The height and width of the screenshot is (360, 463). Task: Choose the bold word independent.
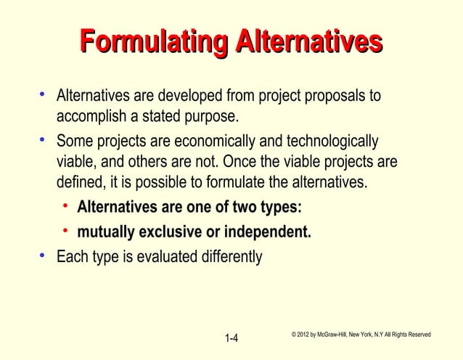[268, 233]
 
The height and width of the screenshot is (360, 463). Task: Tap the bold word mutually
[104, 233]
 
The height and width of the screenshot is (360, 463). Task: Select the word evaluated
[159, 257]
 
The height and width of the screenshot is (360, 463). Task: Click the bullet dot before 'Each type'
[43, 255]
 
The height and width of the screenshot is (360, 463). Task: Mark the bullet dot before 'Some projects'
[43, 137]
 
